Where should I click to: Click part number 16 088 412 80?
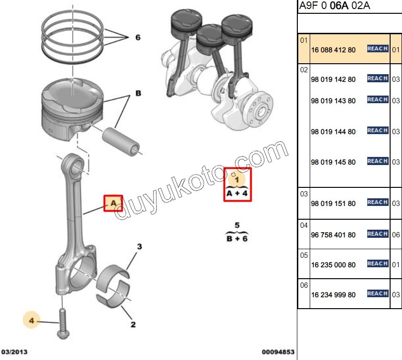point(333,49)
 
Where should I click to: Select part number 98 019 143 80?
point(333,101)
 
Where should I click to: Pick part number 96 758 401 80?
point(333,235)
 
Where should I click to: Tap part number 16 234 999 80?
point(333,295)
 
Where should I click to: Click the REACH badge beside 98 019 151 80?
point(378,203)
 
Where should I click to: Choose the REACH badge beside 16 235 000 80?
point(378,263)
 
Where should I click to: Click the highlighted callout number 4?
point(32,321)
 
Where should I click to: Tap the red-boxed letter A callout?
point(113,203)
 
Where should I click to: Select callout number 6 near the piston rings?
point(138,37)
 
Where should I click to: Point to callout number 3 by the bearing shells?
point(139,246)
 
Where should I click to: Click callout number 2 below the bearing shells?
point(133,325)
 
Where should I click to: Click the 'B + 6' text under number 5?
point(237,238)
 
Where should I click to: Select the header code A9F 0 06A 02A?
point(334,6)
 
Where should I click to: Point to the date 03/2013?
point(14,352)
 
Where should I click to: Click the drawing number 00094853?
point(278,352)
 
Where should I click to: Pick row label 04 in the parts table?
point(304,224)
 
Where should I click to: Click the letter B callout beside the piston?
point(138,94)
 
